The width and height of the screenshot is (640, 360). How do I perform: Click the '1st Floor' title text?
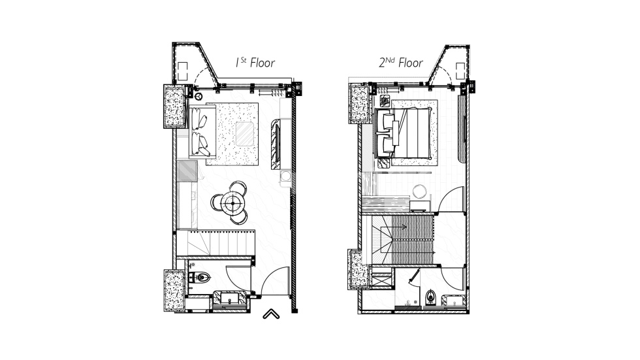(255, 63)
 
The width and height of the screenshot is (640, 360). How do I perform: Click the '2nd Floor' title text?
(400, 63)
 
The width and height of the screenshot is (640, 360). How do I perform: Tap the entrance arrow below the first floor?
(271, 315)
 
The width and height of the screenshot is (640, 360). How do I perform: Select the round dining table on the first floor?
(231, 205)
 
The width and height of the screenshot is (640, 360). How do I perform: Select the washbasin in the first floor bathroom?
(230, 300)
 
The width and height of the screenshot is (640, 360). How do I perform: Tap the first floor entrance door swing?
(274, 281)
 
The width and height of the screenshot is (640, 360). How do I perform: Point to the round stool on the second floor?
(419, 191)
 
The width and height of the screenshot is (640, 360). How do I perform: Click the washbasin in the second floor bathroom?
(454, 300)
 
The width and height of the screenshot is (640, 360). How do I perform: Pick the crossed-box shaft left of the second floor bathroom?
(380, 278)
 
